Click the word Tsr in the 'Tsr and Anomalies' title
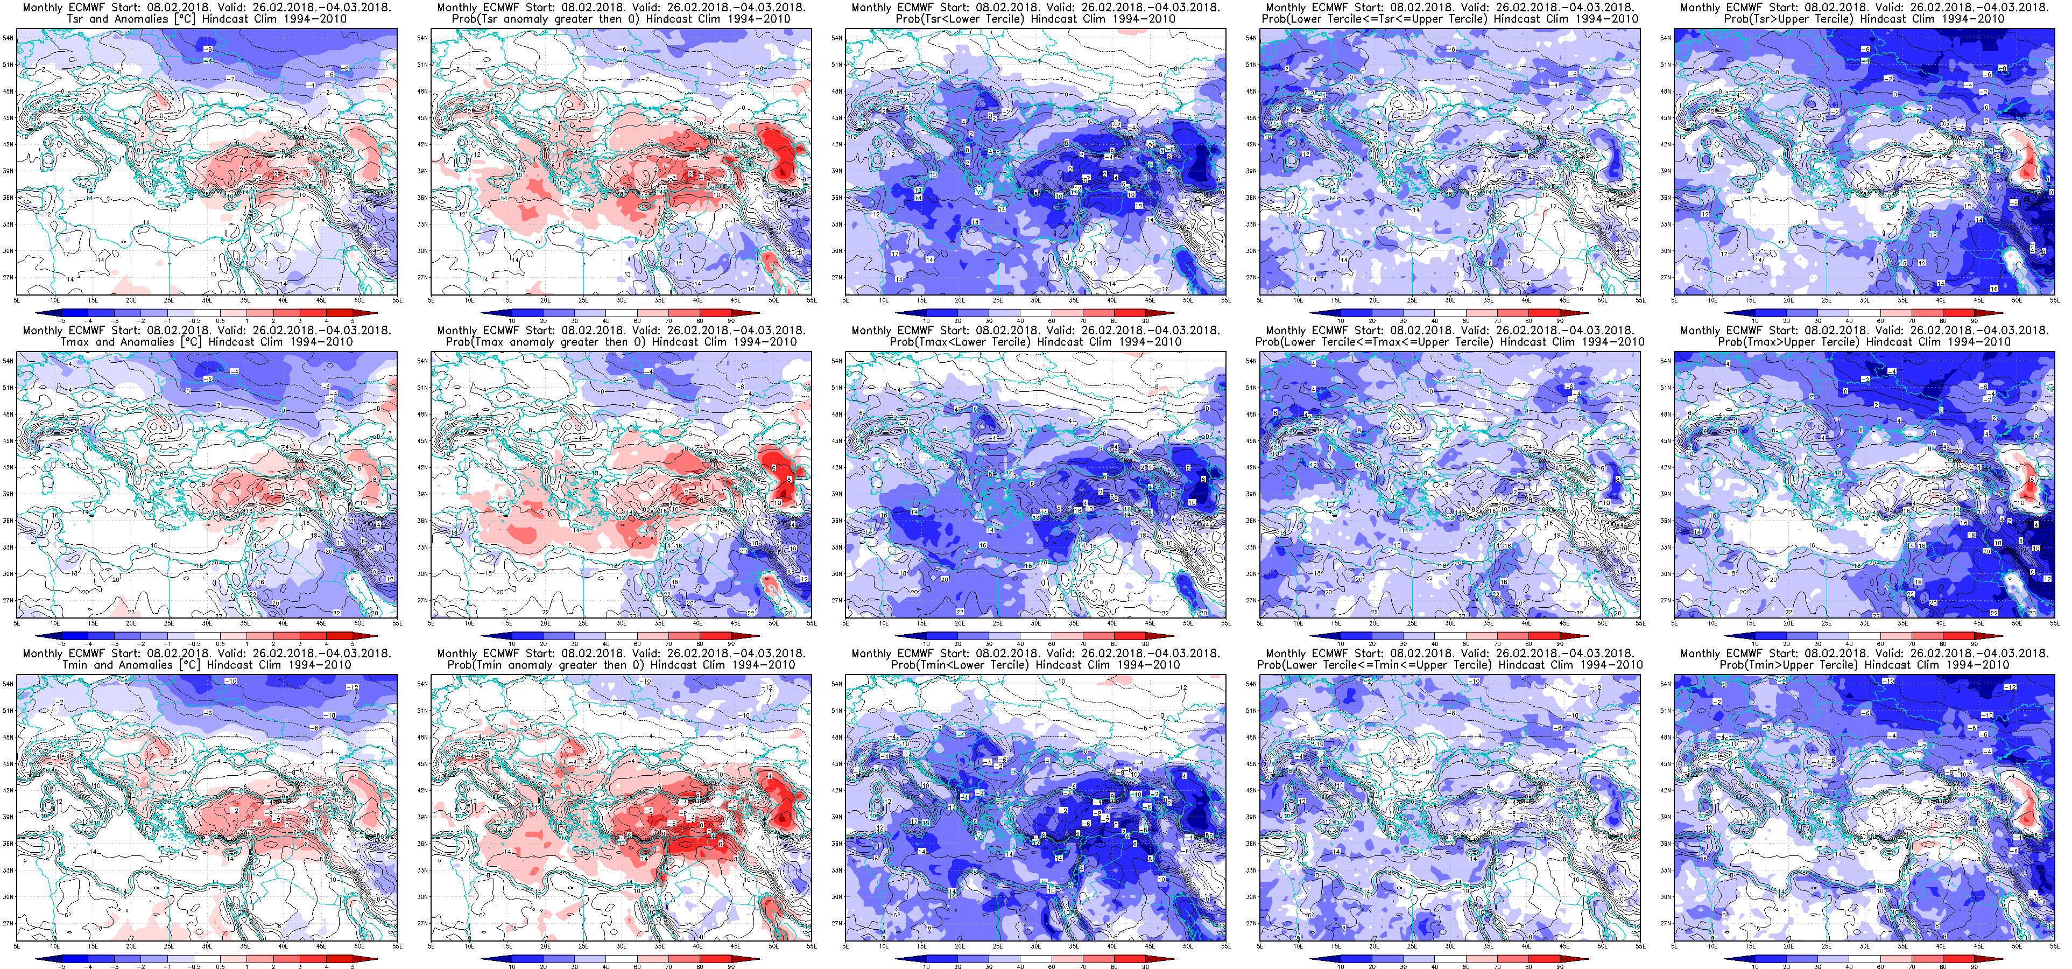point(76,18)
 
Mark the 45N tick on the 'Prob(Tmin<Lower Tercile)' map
point(836,764)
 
